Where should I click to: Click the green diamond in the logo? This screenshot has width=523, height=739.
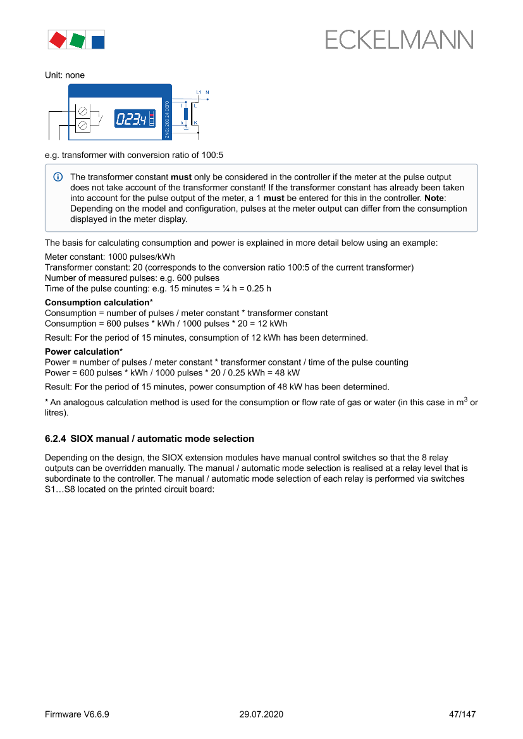[78, 40]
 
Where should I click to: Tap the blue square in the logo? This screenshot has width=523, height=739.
[97, 42]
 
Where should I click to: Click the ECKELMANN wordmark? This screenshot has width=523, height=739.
[399, 40]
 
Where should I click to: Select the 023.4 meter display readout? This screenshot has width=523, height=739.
[130, 118]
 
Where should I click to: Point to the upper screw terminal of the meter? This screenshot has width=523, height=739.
[83, 113]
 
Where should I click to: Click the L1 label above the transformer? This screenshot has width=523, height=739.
[198, 93]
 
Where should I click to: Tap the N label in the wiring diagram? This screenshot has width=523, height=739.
[207, 93]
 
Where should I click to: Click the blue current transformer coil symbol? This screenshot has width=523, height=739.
[186, 114]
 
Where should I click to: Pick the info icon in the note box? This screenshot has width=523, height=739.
[58, 177]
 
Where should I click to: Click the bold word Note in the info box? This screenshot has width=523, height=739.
[436, 198]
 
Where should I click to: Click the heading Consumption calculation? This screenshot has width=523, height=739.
[97, 302]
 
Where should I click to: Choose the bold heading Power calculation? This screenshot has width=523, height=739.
[82, 351]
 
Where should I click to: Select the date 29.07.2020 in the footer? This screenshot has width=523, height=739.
[261, 714]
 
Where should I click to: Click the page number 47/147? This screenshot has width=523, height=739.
[462, 714]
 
